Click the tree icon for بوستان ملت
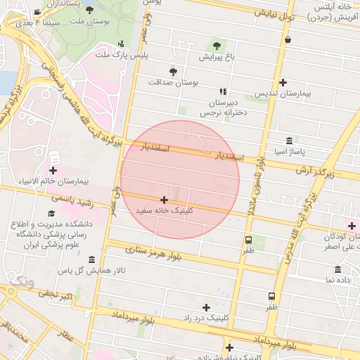tap(89, 9)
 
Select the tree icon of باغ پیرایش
tap(216, 46)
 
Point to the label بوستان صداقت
tap(174, 82)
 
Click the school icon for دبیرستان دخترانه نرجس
tap(223, 91)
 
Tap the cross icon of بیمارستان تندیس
tap(283, 82)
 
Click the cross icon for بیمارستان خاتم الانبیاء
tap(53, 170)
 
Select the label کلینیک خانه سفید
tap(165, 210)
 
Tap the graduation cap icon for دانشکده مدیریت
tap(51, 213)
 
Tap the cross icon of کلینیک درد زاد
tap(206, 307)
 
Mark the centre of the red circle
tap(180, 180)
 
